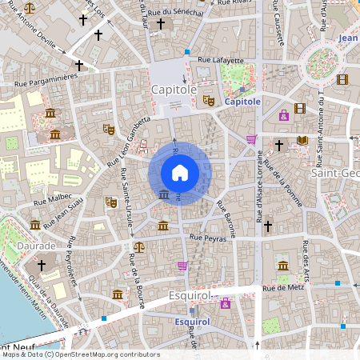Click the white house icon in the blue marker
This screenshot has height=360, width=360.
pos(180,172)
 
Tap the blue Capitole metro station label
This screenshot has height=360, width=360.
pos(242,102)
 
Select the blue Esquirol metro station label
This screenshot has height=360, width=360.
pos(191,322)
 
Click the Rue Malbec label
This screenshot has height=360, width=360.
pos(52,197)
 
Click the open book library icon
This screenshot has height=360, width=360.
pos(302,142)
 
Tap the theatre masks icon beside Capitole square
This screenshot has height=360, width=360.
pos(208,100)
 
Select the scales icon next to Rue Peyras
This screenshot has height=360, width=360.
pos(139,247)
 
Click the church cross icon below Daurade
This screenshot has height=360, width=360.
pos(42,265)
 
